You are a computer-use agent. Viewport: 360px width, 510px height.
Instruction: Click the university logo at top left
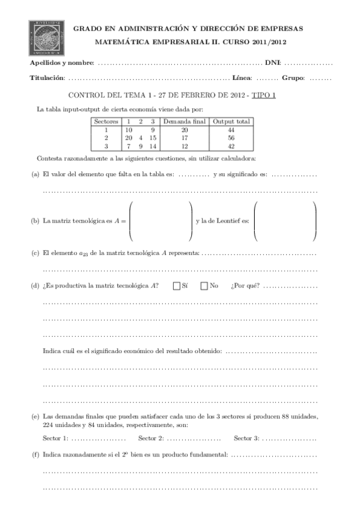(46, 37)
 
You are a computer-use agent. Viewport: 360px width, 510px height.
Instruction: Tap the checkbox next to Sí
(177, 286)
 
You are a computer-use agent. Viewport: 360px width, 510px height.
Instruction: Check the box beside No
(204, 286)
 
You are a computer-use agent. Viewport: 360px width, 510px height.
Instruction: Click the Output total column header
(231, 121)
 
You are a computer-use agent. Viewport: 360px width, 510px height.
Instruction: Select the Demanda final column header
(185, 121)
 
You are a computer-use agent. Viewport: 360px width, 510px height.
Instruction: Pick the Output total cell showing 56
(231, 138)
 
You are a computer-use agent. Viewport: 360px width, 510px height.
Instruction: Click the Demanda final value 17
(185, 138)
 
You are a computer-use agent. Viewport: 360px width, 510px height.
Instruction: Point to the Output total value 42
(231, 146)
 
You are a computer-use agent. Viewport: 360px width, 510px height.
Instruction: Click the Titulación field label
(47, 78)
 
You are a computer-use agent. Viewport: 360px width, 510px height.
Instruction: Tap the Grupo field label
(293, 78)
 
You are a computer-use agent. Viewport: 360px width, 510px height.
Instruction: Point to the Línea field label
(241, 78)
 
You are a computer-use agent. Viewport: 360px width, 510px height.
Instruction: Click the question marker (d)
(35, 286)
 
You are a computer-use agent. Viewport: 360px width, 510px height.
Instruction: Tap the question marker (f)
(35, 455)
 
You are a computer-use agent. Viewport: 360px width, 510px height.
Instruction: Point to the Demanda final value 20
(185, 129)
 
